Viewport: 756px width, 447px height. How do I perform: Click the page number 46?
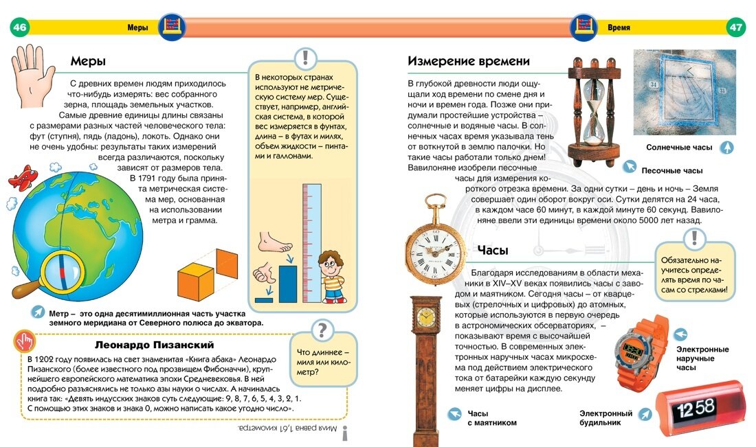[19, 27]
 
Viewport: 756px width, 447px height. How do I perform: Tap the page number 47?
[736, 27]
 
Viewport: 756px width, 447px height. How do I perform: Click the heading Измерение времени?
[469, 61]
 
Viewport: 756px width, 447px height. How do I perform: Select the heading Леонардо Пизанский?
[154, 344]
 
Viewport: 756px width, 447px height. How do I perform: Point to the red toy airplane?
[22, 176]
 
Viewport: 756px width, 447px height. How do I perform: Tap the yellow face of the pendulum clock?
[426, 317]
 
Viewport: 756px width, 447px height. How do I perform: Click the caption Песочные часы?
[671, 170]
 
